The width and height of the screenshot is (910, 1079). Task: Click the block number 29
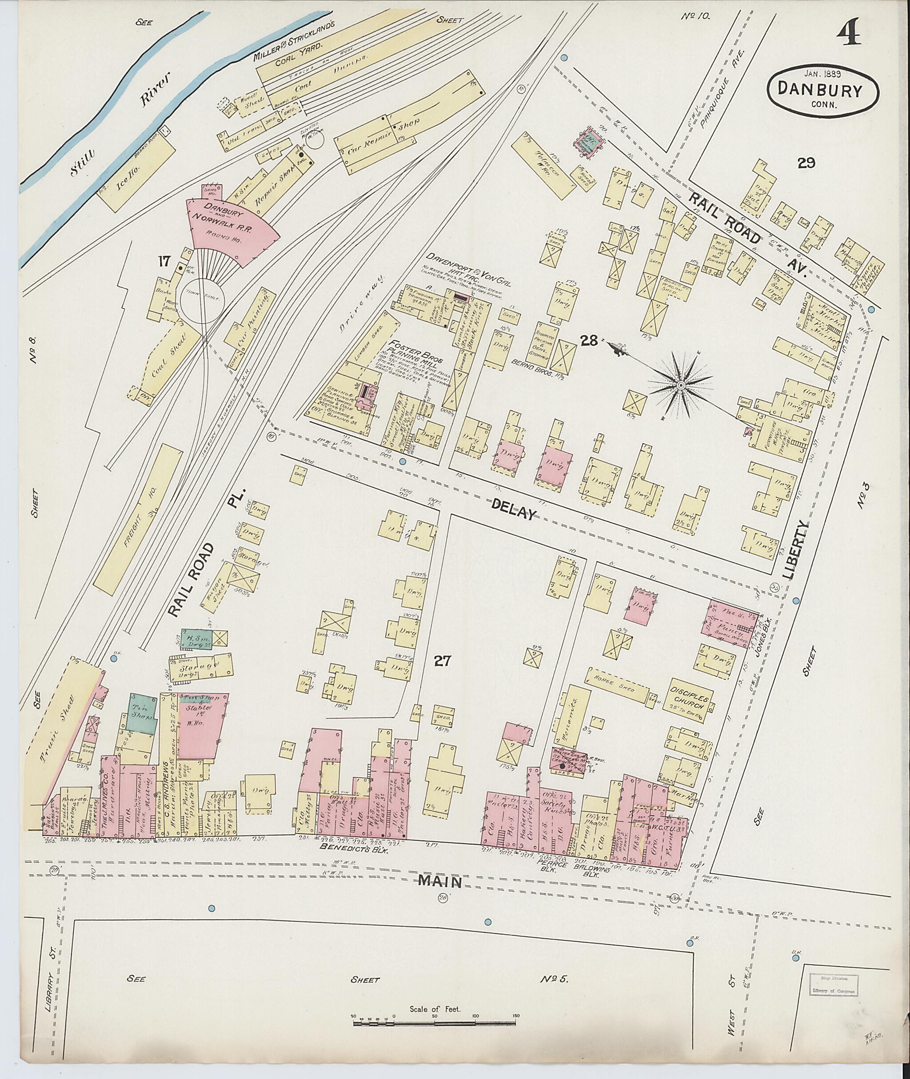(x=805, y=163)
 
